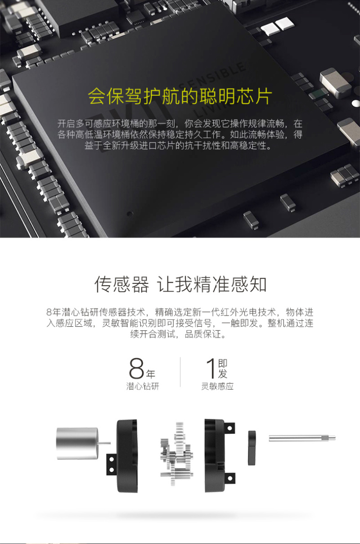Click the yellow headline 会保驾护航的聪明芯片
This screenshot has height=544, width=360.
180,96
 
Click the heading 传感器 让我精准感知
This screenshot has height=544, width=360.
180,284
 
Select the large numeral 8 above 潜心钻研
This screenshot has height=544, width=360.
136,368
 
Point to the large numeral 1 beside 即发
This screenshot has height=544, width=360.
211,369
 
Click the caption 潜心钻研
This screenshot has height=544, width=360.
143,386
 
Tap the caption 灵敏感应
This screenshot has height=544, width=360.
217,386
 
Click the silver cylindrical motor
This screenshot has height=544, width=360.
77,444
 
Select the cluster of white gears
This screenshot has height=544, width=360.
177,454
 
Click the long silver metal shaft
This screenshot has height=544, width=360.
302,438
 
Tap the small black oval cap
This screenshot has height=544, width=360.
252,448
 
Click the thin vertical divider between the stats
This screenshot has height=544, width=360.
180,372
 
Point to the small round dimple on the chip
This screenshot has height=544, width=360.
130,213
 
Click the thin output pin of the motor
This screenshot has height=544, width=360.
104,444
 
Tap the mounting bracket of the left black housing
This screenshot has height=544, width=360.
112,464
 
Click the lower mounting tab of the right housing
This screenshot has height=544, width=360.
229,478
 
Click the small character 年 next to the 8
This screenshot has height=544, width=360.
151,374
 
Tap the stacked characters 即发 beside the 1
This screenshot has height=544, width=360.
222,369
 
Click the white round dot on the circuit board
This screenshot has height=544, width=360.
356,103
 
